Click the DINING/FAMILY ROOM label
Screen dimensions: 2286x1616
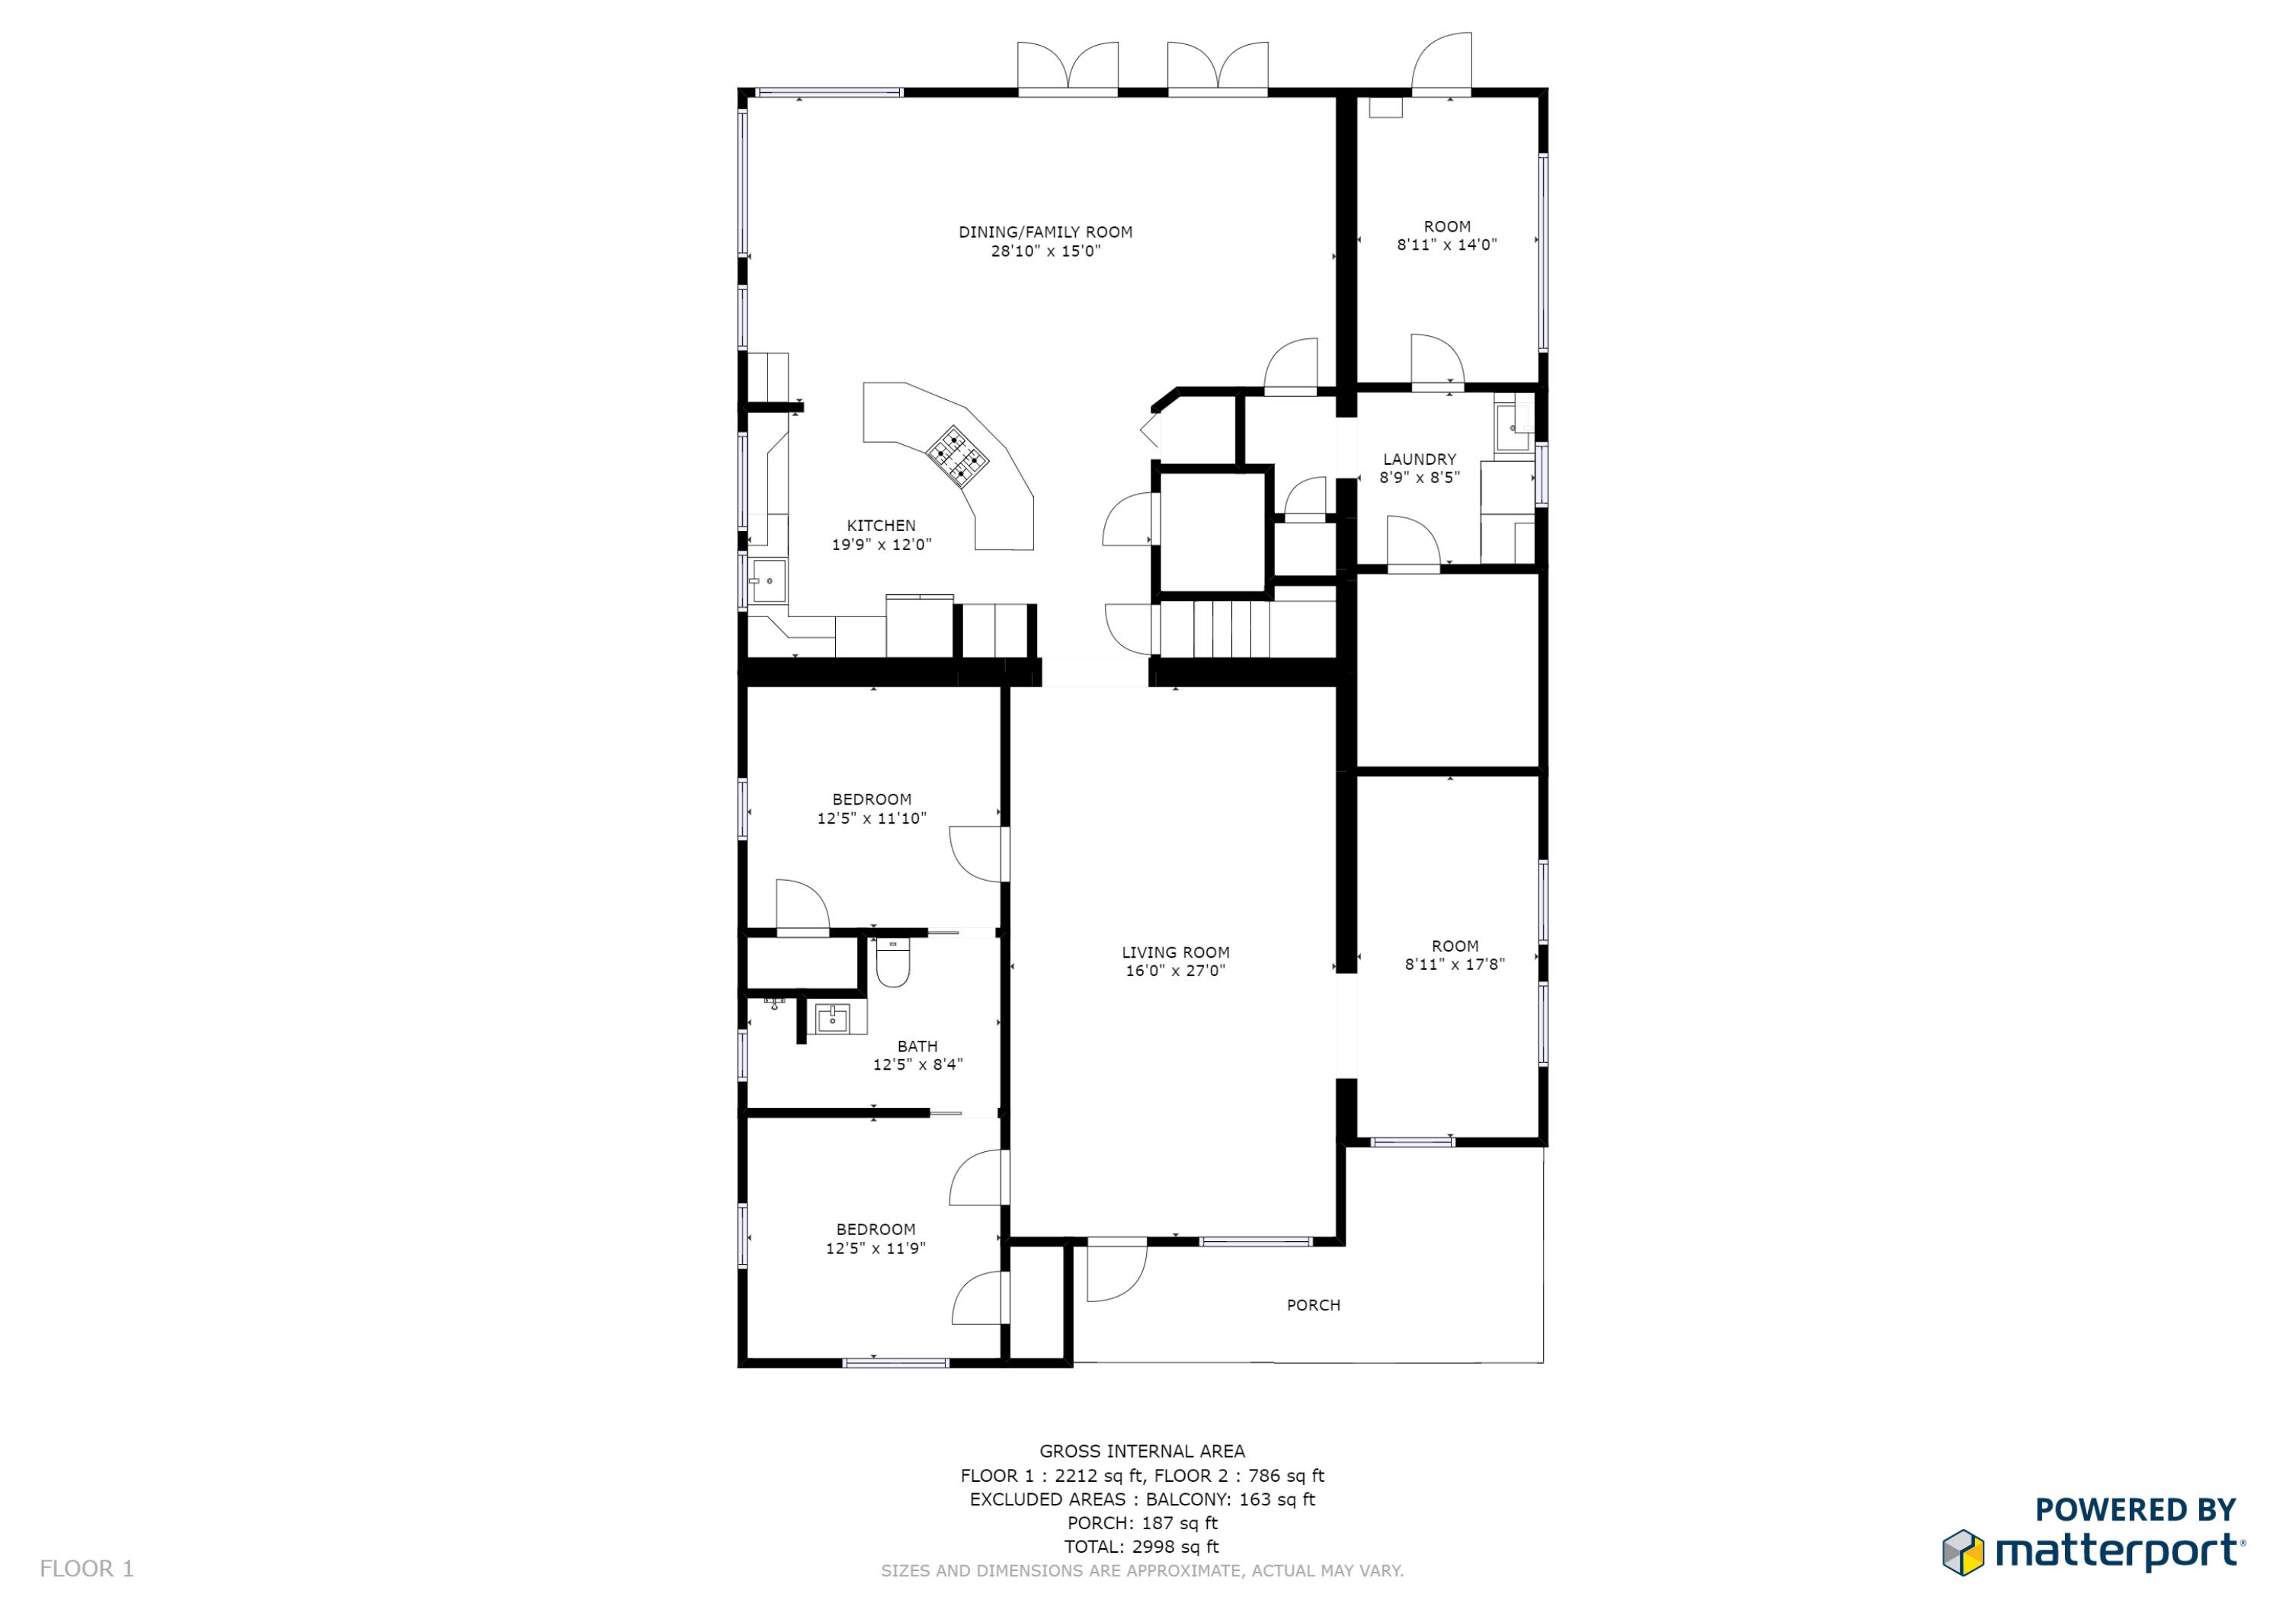coord(1045,232)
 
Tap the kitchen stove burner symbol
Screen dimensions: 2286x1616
coord(958,457)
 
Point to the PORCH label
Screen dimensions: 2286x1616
coord(1313,1304)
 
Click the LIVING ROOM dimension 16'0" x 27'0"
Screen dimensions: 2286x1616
coord(1175,970)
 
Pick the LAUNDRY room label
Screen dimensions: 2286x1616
coord(1419,459)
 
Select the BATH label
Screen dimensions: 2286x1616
coord(917,1046)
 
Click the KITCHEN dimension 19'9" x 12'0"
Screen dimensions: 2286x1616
coord(881,545)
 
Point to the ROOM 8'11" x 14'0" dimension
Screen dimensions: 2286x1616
coord(1447,245)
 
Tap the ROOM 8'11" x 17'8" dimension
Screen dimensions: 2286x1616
coord(1455,964)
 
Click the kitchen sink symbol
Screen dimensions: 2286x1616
coord(767,581)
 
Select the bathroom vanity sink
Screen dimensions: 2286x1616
coord(831,1019)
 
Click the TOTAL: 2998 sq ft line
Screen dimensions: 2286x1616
coord(1141,1547)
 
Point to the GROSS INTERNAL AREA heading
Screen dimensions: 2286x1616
coord(1142,1451)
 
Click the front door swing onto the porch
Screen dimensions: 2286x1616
coord(1116,1271)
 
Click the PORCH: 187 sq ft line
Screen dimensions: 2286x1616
coord(1142,1523)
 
